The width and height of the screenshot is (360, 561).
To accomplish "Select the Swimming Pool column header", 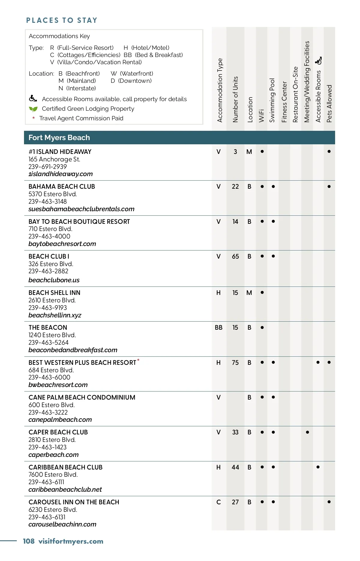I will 272,100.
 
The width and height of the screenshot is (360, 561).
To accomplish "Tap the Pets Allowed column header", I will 329,103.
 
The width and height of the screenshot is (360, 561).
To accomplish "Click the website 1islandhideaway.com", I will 61,174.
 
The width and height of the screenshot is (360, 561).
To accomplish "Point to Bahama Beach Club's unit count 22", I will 235,187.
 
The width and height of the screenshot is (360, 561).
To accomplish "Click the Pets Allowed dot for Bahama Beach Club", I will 329,187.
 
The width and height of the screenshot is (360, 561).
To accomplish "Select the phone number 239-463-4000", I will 49,236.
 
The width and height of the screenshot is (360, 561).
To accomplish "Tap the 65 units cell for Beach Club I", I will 235,256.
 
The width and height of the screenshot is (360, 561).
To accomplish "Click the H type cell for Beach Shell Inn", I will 218,293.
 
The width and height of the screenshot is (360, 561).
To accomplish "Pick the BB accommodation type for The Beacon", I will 218,328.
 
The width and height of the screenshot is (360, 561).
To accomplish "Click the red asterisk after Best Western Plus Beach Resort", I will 138,360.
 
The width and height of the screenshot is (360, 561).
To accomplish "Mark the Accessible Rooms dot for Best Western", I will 318,362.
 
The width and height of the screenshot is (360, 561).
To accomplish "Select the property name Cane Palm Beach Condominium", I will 82,397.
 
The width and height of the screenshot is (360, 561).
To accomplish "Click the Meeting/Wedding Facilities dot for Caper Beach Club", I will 307,432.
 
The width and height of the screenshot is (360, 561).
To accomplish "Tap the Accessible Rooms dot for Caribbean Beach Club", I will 318,467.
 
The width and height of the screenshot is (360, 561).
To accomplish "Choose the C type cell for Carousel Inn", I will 218,502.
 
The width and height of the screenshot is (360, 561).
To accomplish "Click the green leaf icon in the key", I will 33,109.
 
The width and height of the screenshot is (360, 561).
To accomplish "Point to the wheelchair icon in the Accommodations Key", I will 33,98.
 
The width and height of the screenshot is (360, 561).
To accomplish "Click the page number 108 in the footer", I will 29,541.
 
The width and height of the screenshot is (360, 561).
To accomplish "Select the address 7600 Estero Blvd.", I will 53,475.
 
